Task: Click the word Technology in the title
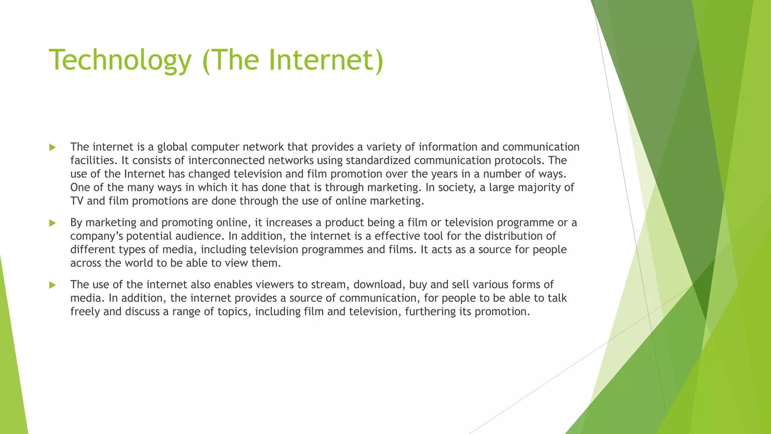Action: click(x=120, y=60)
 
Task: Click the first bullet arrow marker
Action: click(x=52, y=147)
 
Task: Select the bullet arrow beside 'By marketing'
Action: click(x=52, y=223)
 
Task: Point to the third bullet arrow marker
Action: click(x=52, y=285)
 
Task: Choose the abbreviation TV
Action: click(x=77, y=201)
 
